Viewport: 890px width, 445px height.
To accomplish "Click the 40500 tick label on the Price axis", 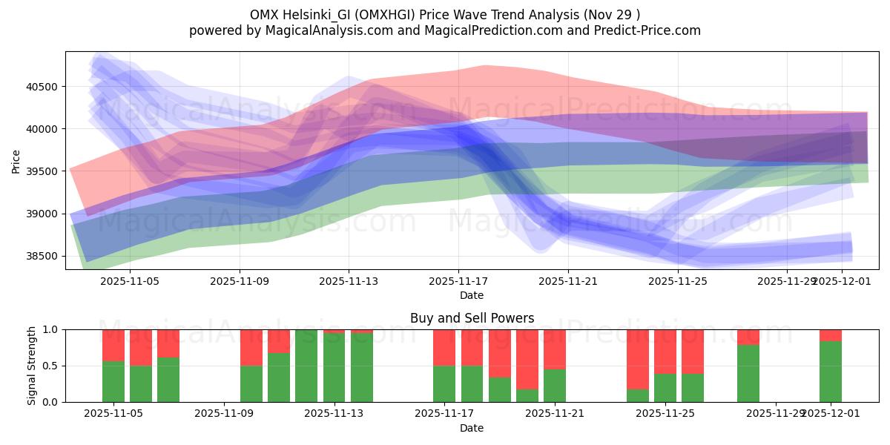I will point(43,87).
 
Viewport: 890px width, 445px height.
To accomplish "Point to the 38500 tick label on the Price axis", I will point(43,257).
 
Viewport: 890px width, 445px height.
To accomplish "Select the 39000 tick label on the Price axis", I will point(43,214).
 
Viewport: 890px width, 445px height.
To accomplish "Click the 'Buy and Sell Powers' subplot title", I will point(472,318).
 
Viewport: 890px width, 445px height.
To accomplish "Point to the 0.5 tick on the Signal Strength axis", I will point(50,366).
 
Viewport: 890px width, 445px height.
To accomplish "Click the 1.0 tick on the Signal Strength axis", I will point(50,329).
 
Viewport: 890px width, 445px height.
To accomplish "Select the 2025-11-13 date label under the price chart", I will point(349,281).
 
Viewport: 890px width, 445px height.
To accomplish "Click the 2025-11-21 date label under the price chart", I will point(567,281).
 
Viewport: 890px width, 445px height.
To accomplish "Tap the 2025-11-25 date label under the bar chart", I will point(665,413).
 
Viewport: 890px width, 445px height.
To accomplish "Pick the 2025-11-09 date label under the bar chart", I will point(224,413).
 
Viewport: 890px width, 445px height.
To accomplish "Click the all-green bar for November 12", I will point(306,366).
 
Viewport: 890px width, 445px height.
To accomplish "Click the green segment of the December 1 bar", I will point(831,372).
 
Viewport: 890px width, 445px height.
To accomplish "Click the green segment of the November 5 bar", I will point(113,381).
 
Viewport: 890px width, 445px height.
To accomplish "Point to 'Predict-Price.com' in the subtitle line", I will point(647,30).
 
